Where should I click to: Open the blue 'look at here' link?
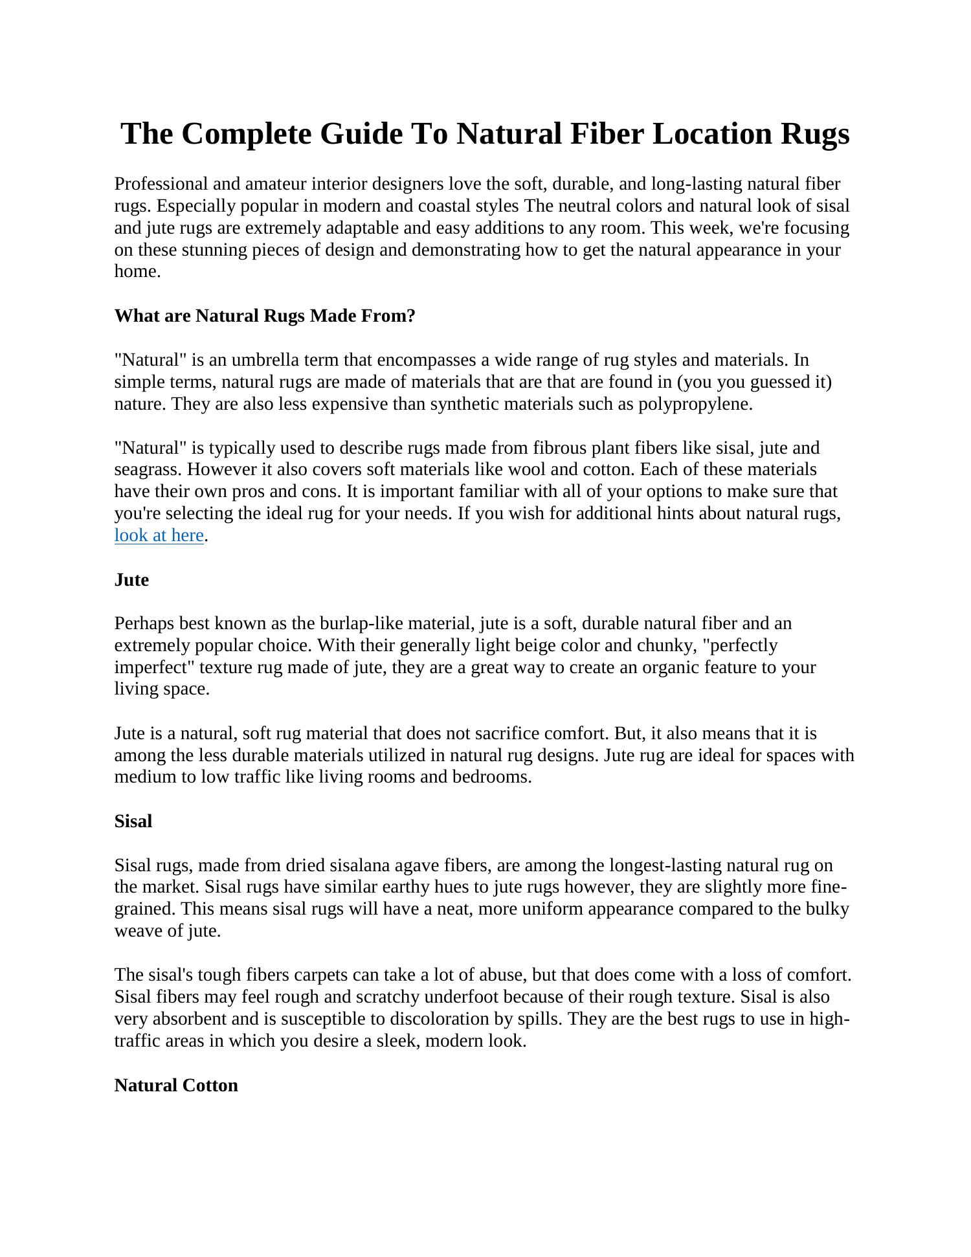(159, 535)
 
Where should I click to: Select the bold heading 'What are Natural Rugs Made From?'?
(265, 316)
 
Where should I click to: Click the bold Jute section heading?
(131, 580)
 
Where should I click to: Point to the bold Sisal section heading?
(133, 821)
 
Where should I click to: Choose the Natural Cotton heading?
(176, 1085)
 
